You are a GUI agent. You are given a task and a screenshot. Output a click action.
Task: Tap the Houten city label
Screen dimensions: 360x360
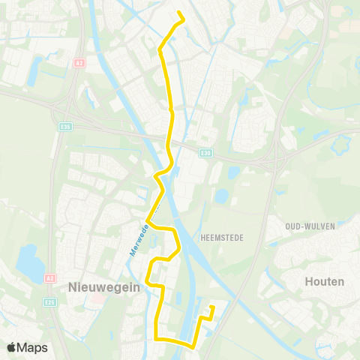[325, 282]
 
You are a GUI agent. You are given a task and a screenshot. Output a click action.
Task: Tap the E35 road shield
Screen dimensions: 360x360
[65, 127]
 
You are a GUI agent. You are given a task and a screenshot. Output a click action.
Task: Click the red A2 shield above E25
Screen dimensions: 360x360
[51, 277]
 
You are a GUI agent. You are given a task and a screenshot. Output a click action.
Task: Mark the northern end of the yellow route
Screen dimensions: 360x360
[178, 12]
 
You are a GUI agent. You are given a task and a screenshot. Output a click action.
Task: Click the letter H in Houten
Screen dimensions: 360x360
[310, 282]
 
